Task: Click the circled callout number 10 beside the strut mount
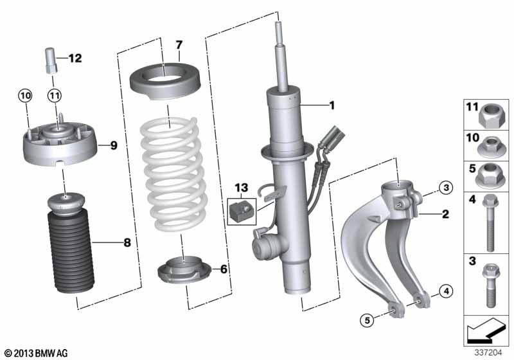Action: click(x=24, y=96)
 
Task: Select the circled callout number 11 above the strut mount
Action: click(x=55, y=96)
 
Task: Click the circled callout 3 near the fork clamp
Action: click(x=445, y=188)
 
